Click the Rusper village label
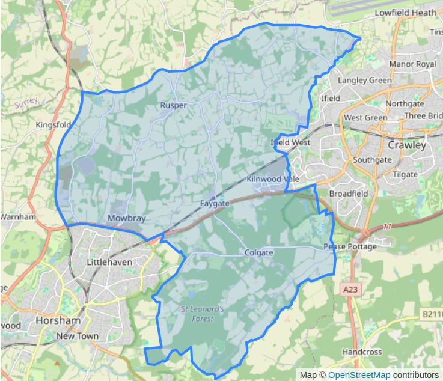tap(173, 105)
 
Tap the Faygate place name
tap(215, 204)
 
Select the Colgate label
tap(259, 253)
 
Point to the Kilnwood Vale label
tap(272, 180)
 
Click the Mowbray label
tap(126, 218)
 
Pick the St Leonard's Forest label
tap(203, 314)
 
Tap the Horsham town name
tap(58, 320)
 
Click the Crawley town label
tap(406, 145)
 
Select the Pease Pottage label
tap(350, 246)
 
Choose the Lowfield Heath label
tap(405, 12)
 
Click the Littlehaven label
tap(109, 262)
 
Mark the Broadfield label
tap(347, 194)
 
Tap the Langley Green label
tap(364, 80)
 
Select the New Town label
tap(77, 336)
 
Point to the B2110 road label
tap(431, 314)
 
